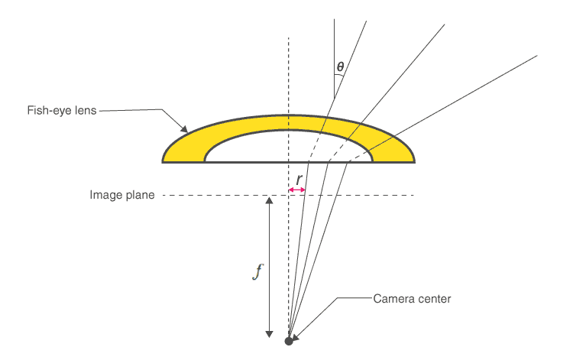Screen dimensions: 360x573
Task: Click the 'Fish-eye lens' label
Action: [x=62, y=110]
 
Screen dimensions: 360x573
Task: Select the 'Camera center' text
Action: [x=412, y=298]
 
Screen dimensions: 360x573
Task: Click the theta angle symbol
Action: [x=340, y=67]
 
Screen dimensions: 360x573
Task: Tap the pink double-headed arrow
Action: [x=297, y=190]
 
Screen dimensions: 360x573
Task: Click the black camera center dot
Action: [x=289, y=341]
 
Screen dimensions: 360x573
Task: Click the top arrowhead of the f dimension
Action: [x=269, y=200]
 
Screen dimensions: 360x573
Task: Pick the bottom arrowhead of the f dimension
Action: [x=269, y=332]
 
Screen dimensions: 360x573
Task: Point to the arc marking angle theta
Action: [x=341, y=77]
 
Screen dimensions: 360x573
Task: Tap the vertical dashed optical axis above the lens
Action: [x=289, y=76]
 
